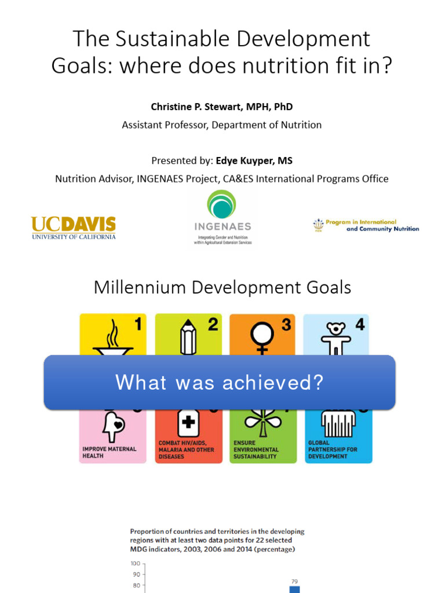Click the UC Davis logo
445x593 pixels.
73,227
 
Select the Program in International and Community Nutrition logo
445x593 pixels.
365,225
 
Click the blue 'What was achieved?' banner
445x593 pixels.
220,382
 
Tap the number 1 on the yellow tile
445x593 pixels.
137,325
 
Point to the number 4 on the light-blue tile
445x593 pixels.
360,325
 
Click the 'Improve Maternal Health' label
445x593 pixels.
109,452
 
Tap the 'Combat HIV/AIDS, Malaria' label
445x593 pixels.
186,449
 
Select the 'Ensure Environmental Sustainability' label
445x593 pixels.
256,449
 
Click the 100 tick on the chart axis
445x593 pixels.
136,563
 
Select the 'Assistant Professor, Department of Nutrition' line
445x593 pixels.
221,125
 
